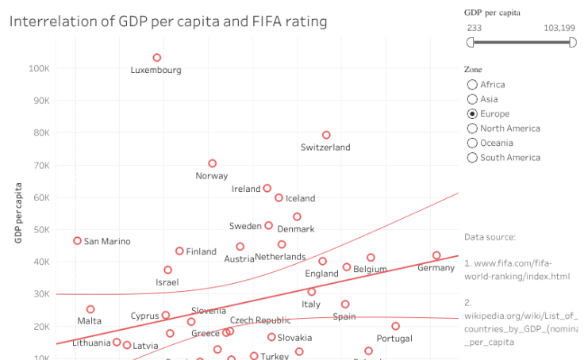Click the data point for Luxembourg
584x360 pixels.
(157, 58)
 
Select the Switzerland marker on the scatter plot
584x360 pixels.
(326, 136)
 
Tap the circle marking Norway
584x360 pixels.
(213, 164)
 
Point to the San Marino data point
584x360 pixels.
(78, 240)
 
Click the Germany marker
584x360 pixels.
(436, 255)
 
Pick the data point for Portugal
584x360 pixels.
(395, 326)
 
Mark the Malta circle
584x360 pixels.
(90, 309)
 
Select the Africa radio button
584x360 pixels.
(473, 85)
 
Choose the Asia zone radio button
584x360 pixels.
(473, 99)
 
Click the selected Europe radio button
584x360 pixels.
(473, 114)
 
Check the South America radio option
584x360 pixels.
(473, 158)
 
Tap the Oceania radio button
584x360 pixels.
(473, 144)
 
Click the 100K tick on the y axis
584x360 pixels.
(39, 68)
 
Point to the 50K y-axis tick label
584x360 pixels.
(39, 230)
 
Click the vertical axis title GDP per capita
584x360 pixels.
(17, 213)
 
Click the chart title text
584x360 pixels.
(168, 21)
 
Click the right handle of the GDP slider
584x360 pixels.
(573, 43)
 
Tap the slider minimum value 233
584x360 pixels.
(474, 28)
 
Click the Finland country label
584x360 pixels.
(201, 252)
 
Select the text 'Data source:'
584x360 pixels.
(490, 237)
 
